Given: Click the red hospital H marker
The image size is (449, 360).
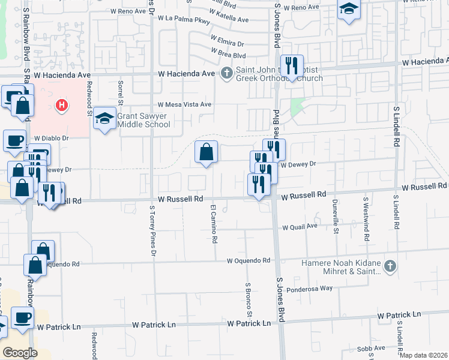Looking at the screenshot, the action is click(x=61, y=107).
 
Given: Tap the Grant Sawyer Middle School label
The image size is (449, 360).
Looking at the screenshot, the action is click(x=143, y=120).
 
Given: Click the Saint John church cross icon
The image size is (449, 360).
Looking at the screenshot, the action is click(x=226, y=74).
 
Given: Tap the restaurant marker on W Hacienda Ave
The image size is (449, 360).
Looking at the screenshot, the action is click(x=292, y=66).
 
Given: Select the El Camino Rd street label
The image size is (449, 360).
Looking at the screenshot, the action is click(x=213, y=223).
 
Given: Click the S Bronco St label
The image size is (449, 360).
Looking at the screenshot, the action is click(x=248, y=300).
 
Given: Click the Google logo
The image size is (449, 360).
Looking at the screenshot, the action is click(x=20, y=353).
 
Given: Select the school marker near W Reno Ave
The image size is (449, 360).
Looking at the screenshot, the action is click(x=348, y=10).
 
